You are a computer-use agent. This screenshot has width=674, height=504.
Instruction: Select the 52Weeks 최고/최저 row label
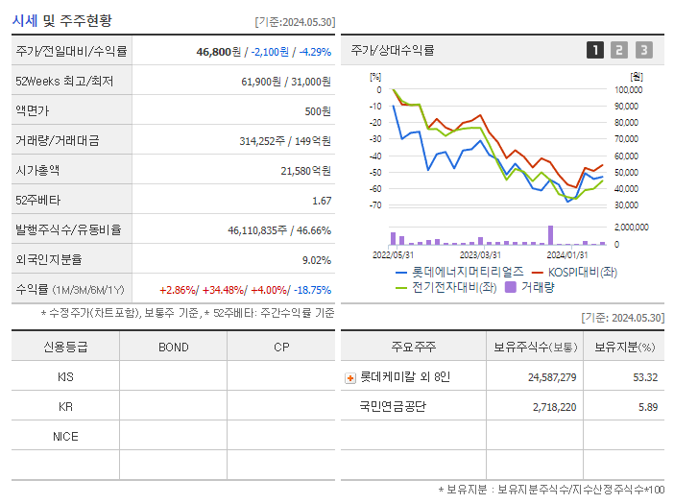click(65, 82)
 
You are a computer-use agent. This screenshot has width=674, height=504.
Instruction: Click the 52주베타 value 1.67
click(322, 201)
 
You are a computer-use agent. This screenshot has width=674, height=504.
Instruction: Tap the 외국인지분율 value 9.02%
click(316, 260)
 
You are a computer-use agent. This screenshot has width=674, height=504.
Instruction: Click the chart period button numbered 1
click(595, 50)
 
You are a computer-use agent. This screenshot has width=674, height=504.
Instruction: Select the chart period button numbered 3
click(643, 50)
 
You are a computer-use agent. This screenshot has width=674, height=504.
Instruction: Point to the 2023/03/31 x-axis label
click(480, 254)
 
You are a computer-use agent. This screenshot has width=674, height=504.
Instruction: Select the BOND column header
click(173, 347)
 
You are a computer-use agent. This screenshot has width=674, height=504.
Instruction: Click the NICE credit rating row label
click(65, 436)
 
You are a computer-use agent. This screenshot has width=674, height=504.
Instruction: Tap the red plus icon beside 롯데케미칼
click(350, 377)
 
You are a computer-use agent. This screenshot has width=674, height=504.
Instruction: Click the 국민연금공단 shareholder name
click(393, 407)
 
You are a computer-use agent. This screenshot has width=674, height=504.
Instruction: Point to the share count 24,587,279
click(552, 377)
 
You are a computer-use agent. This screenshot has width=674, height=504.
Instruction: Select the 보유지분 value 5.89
click(646, 407)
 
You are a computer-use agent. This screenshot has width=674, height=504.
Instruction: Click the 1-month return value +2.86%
click(179, 290)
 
